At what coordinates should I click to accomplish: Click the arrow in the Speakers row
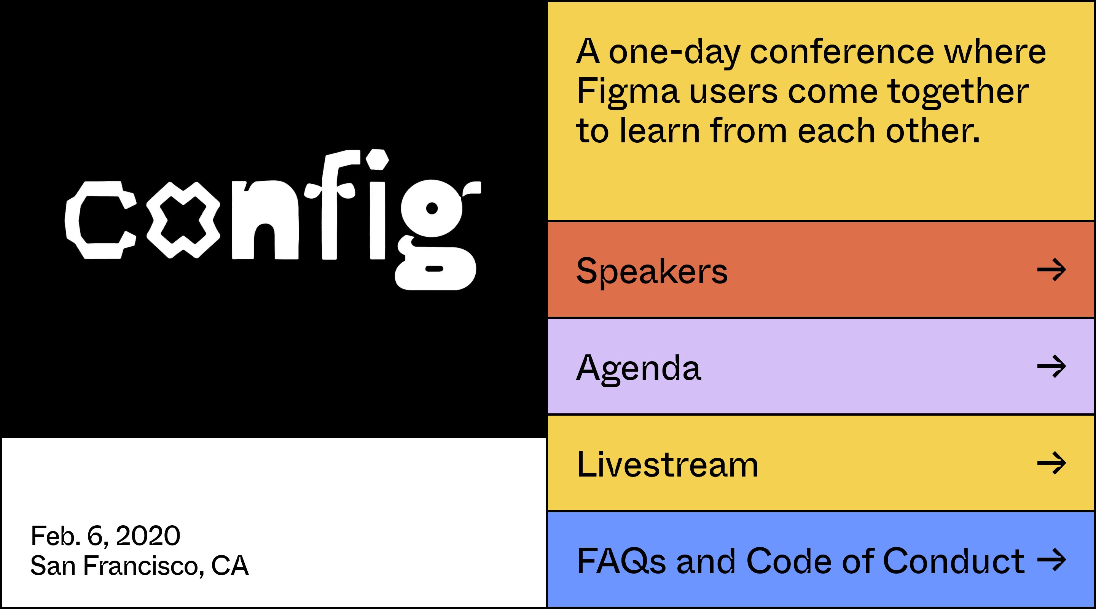[1052, 269]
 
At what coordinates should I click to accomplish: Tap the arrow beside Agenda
[1052, 366]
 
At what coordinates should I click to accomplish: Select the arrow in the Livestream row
[1052, 462]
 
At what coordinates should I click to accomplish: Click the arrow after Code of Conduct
[1052, 560]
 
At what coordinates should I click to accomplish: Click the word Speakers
[652, 271]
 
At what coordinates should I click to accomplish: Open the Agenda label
[638, 368]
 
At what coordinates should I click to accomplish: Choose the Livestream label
[667, 464]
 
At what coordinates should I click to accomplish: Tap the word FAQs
[621, 561]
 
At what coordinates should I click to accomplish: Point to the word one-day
[675, 53]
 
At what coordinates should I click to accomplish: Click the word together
[958, 92]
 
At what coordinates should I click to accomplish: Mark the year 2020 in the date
[148, 536]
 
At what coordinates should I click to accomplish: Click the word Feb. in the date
[56, 536]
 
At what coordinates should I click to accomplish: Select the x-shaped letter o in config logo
[183, 220]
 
